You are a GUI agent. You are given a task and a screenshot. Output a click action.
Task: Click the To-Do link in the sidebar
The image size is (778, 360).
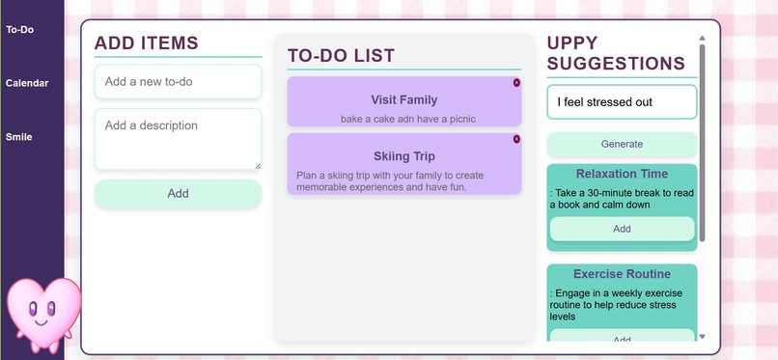pos(19,30)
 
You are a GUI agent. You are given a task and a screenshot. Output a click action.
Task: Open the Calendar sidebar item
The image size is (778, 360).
pos(27,83)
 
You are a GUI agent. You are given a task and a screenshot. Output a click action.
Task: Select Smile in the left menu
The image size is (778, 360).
pos(18,137)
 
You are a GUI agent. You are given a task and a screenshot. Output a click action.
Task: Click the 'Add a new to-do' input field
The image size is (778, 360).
pos(178,82)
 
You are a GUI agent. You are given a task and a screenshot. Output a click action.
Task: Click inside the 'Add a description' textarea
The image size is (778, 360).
pos(178,139)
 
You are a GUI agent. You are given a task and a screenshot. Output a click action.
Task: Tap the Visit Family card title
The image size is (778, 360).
pos(403,99)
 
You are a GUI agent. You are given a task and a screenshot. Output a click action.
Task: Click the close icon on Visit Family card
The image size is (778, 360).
pos(516,83)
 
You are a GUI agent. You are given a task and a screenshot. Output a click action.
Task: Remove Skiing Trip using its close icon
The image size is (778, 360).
pos(516,139)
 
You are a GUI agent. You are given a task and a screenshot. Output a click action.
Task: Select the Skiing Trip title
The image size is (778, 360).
pos(403,155)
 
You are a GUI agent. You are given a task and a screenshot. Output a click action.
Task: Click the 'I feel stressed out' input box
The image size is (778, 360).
pos(621,102)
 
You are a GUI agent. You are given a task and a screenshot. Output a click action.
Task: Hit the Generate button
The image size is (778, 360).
pos(622,144)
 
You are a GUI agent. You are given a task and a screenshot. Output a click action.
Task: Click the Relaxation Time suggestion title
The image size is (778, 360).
pos(622,174)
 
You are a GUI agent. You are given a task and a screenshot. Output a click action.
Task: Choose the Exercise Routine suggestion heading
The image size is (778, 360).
pos(622,274)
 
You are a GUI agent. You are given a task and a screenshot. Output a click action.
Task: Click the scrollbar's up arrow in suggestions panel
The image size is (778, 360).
pos(702,39)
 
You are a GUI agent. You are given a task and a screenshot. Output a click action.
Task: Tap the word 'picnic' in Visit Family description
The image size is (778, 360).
pos(458,119)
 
